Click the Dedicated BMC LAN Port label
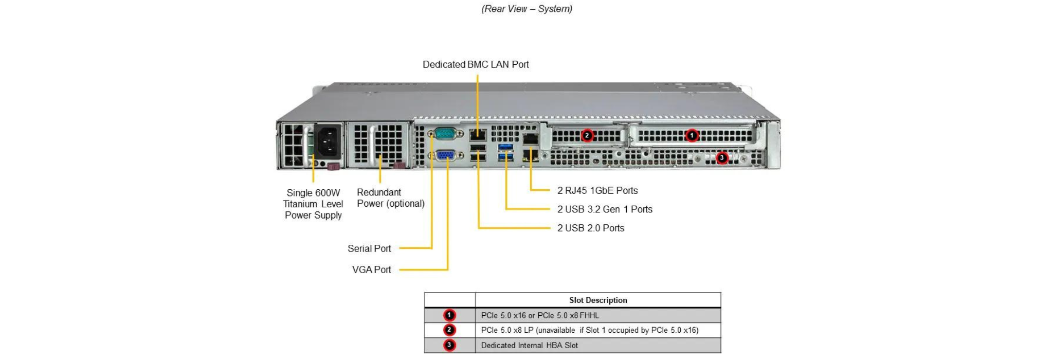coord(476,64)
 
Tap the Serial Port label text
coord(369,248)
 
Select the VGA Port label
coord(371,269)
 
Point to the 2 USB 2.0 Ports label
coord(591,228)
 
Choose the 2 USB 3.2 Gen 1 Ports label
coord(605,209)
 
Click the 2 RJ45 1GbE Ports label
coord(597,190)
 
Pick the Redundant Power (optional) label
coord(390,198)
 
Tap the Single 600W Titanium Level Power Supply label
coord(313,204)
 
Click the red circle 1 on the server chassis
coord(692,135)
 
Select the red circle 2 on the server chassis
coord(587,135)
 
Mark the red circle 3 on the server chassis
coord(722,157)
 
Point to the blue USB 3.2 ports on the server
coord(505,152)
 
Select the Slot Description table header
coord(598,300)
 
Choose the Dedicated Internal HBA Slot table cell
coord(530,345)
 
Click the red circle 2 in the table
coord(449,330)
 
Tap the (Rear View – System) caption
coord(526,9)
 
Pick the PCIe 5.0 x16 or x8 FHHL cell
coord(540,315)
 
